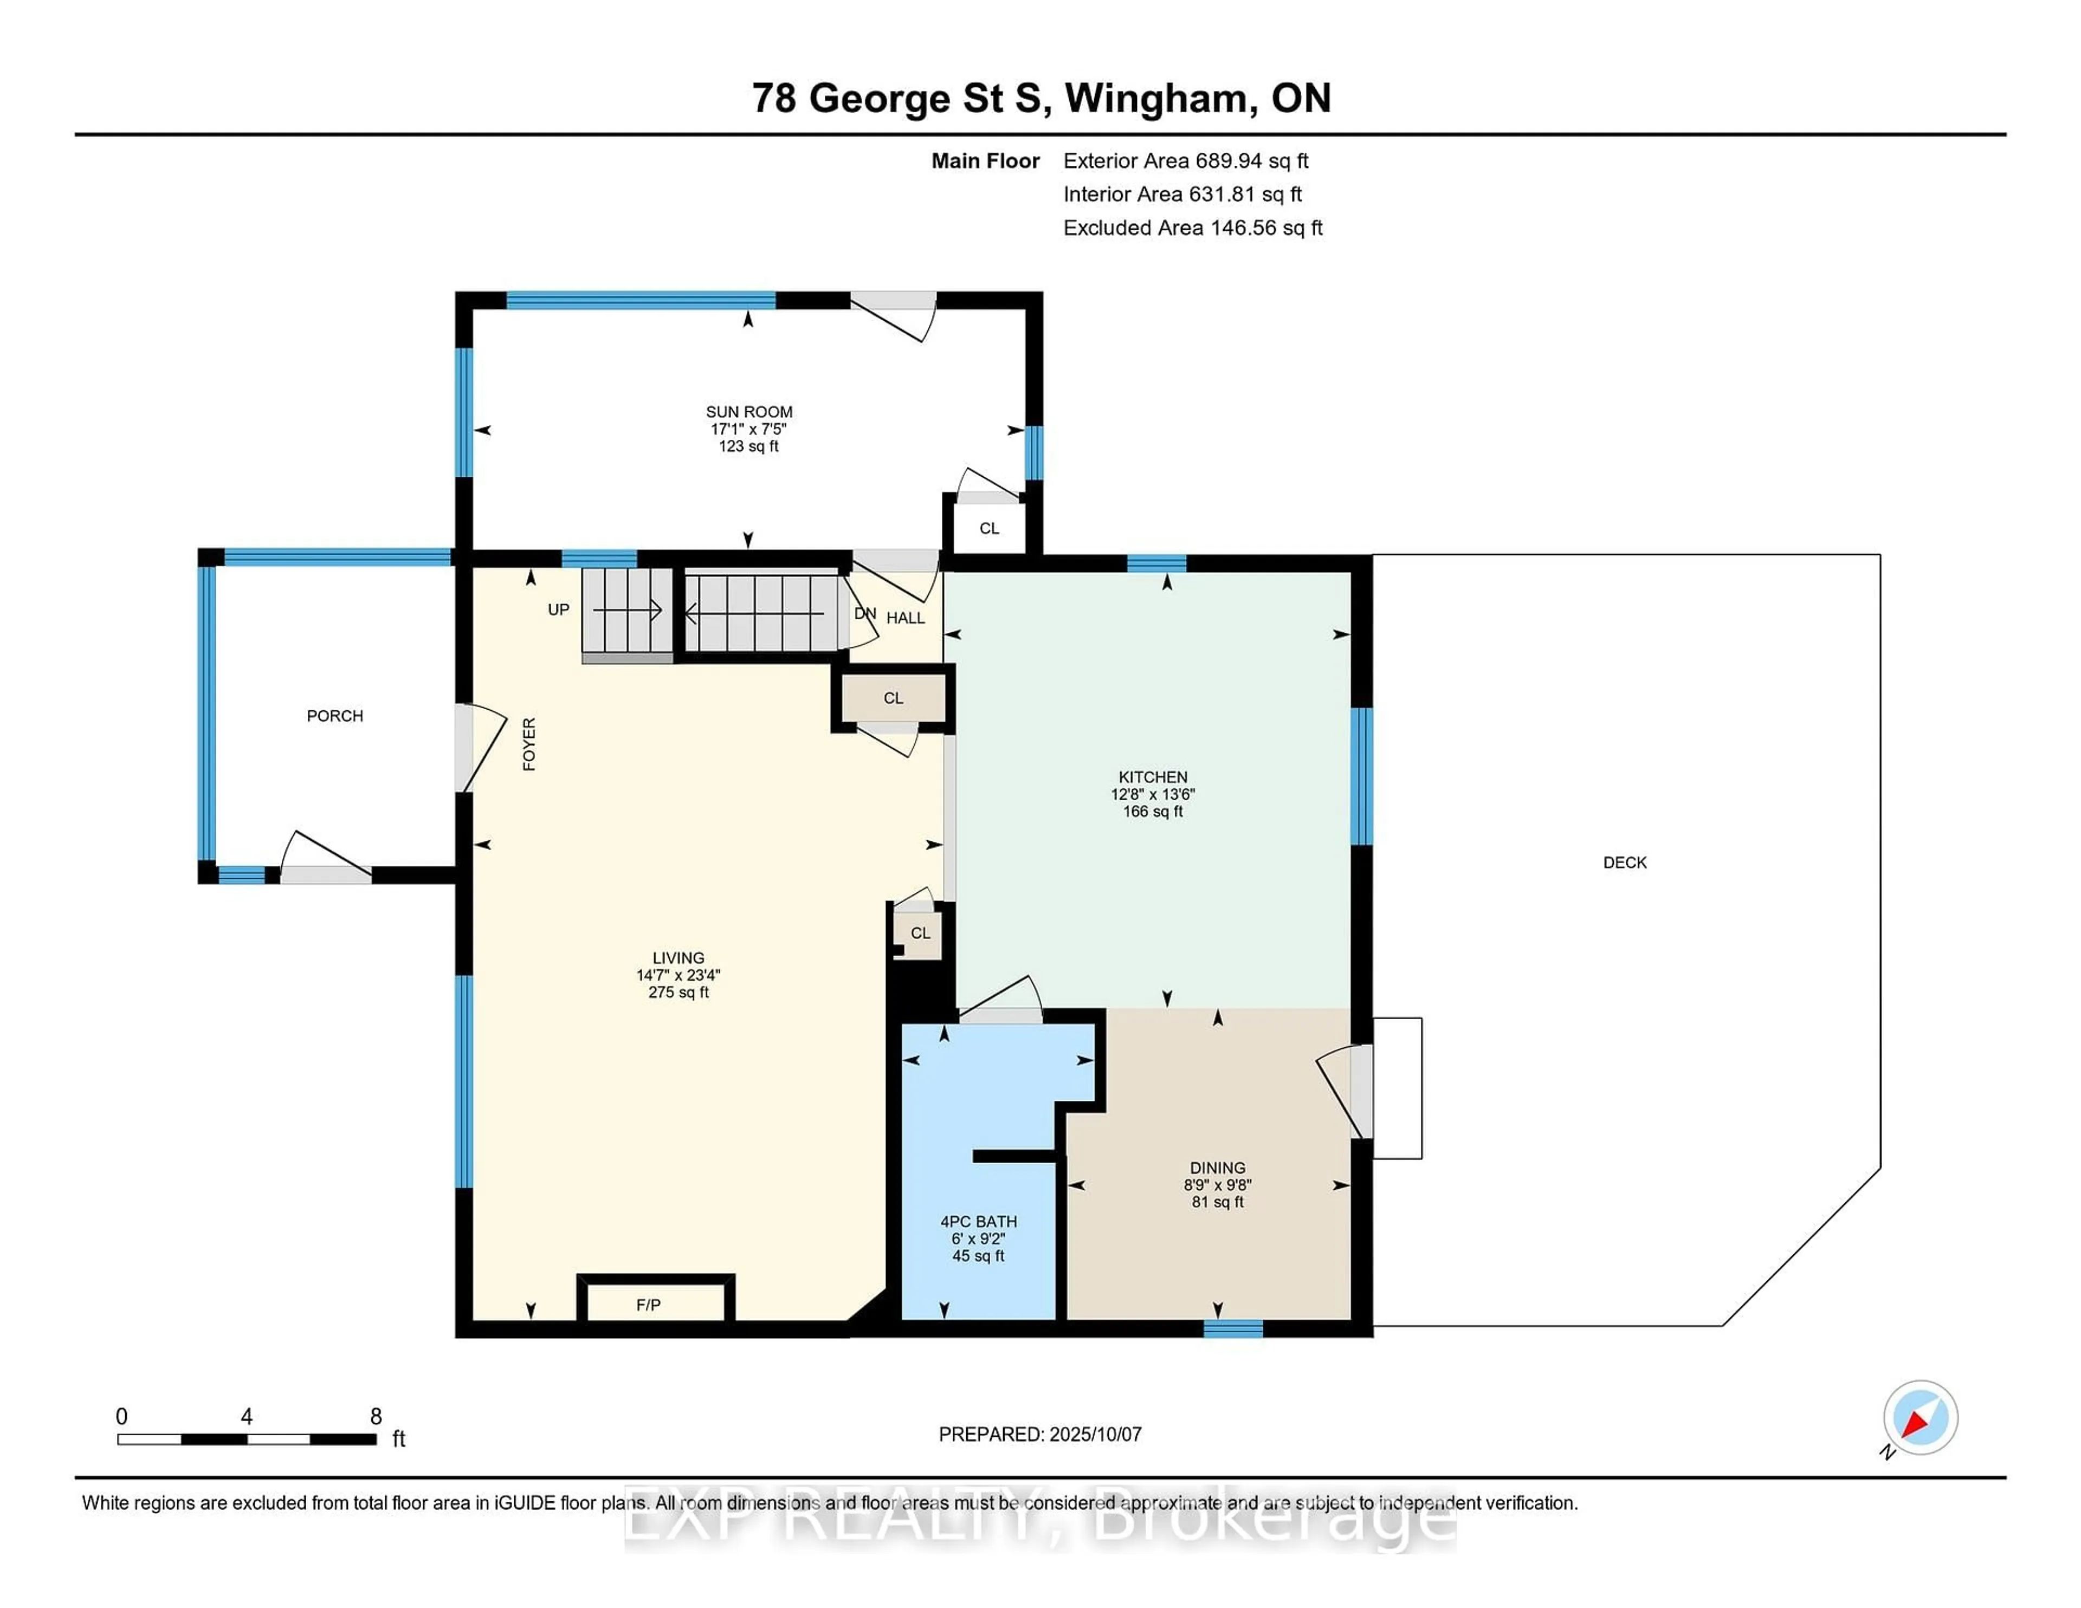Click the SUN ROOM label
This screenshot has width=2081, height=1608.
tap(749, 412)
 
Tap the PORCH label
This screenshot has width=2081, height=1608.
tap(334, 715)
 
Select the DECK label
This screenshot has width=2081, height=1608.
tap(1625, 862)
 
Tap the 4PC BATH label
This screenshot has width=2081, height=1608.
tap(979, 1221)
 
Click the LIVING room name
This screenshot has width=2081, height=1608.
tap(678, 957)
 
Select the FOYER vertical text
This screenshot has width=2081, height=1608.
tap(529, 744)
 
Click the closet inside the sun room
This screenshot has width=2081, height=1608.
tap(989, 527)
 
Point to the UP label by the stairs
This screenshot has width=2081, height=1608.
tap(558, 610)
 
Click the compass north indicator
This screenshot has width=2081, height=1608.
tap(1920, 1417)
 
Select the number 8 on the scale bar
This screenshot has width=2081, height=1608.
tap(377, 1417)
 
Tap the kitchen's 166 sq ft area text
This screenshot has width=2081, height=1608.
tap(1153, 812)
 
